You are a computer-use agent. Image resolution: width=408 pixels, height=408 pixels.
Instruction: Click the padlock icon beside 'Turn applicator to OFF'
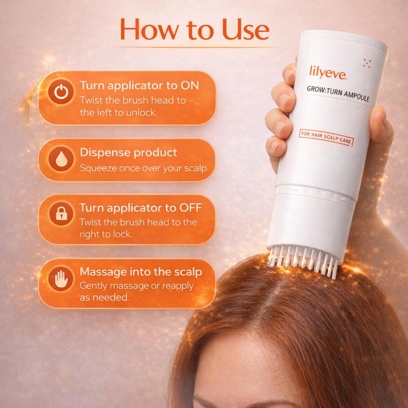click(61, 214)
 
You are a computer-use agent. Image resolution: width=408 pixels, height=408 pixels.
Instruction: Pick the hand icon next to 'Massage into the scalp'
click(61, 279)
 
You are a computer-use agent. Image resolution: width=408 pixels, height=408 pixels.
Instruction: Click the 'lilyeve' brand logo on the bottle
click(325, 72)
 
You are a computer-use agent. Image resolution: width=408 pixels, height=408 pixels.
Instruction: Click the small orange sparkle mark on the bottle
click(367, 63)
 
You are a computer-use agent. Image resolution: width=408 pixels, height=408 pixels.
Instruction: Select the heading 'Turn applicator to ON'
click(139, 85)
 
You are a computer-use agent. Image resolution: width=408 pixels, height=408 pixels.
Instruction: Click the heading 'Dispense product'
click(128, 152)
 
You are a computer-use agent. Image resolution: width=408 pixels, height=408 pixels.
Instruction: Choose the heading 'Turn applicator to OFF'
click(140, 208)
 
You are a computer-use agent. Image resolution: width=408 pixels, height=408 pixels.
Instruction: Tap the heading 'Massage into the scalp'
click(141, 272)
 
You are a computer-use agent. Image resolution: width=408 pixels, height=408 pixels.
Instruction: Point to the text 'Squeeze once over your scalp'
click(143, 168)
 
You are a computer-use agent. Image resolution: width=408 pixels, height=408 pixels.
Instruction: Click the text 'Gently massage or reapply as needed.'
click(136, 291)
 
